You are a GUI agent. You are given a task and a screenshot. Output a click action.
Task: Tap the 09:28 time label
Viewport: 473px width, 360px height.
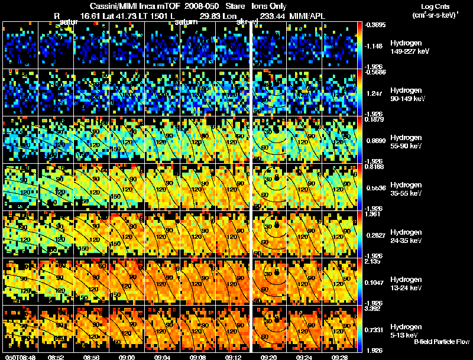[339, 356]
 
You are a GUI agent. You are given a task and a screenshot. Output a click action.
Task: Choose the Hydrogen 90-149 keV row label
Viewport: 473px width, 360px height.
[408, 95]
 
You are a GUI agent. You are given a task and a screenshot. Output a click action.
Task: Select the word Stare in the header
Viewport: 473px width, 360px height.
[227, 6]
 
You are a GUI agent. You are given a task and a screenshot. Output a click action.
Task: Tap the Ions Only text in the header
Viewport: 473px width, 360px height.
[269, 6]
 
